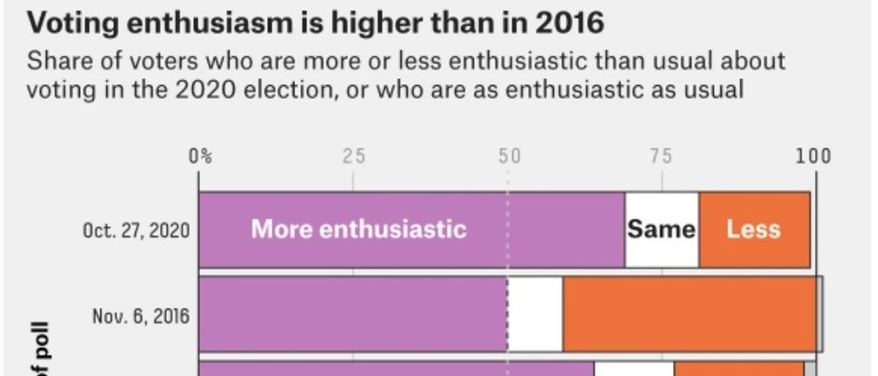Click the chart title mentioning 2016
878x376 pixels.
(x=317, y=22)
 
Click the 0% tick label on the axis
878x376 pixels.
(x=200, y=157)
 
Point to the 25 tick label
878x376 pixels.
(x=353, y=157)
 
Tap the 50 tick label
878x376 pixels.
(x=508, y=157)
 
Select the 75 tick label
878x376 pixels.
(x=661, y=157)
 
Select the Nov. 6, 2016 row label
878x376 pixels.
(x=141, y=315)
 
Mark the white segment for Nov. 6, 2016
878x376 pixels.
(x=535, y=315)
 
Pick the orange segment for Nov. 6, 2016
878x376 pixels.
(x=691, y=315)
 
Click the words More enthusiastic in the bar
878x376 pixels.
(x=358, y=230)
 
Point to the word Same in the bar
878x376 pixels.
(x=661, y=230)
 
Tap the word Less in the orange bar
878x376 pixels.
(x=753, y=230)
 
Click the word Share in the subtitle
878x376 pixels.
(x=54, y=63)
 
